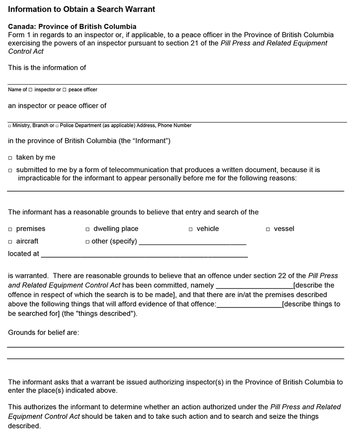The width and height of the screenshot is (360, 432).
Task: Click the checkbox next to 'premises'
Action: coord(10,229)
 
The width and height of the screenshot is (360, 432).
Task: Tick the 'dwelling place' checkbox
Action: coord(88,229)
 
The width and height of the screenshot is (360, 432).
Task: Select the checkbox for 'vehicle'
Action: coord(191,229)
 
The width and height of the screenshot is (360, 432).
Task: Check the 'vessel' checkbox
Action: coord(268,229)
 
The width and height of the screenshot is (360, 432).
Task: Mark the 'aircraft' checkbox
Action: coord(10,242)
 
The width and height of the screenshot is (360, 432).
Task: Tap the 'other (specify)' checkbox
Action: coord(88,242)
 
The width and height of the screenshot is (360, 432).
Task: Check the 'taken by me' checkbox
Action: coord(10,158)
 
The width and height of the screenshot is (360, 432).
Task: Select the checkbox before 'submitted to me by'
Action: coord(10,171)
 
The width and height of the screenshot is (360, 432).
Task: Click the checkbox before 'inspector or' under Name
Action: coord(31,90)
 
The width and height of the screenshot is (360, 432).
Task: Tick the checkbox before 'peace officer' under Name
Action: coord(64,90)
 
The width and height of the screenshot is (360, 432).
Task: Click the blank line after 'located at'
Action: coord(144,255)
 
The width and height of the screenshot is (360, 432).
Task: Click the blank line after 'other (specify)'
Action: coord(193,243)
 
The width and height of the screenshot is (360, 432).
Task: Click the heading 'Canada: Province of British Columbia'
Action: coord(72,27)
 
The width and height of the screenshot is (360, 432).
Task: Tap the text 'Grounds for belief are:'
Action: coord(44,333)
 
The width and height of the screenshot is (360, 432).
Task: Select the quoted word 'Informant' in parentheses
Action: coord(150,141)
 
